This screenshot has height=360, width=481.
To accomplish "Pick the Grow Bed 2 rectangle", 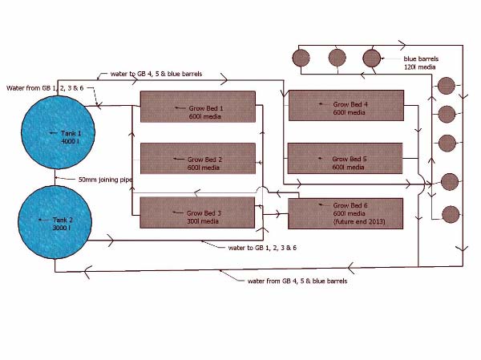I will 197,159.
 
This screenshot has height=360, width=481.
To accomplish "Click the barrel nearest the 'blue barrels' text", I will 370,58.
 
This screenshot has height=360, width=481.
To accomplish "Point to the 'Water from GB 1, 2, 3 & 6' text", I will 45,87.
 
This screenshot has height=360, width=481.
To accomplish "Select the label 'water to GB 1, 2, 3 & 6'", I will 268,248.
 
